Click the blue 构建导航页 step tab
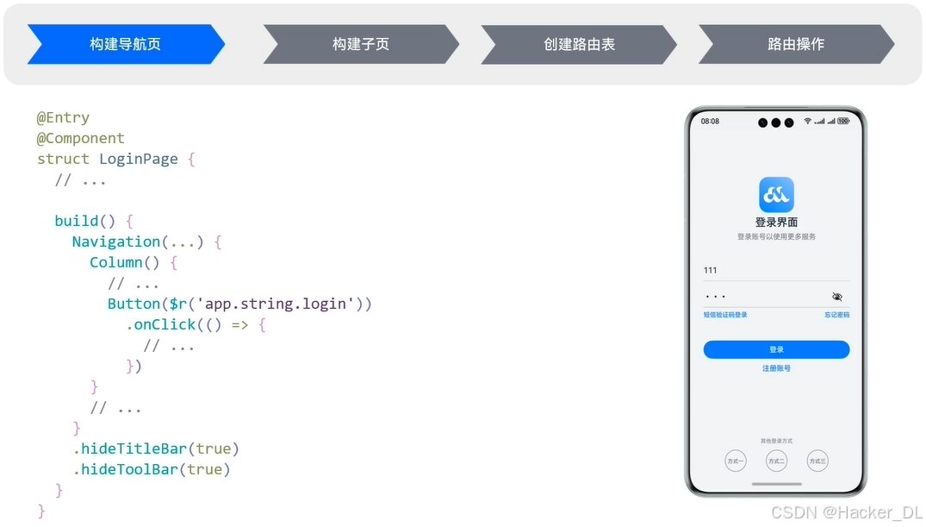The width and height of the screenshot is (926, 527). click(126, 44)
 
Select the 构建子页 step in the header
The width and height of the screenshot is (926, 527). click(361, 44)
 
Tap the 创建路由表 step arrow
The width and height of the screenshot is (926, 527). click(579, 44)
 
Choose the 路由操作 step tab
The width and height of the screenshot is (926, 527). click(796, 44)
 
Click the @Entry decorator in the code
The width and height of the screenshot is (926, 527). click(63, 117)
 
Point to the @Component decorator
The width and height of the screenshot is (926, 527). click(81, 138)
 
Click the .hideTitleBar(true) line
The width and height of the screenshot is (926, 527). click(156, 449)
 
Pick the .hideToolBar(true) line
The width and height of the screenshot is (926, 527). click(152, 469)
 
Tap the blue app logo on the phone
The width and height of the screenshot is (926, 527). click(776, 195)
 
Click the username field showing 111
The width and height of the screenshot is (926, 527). click(775, 270)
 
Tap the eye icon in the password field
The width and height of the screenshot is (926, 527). click(837, 297)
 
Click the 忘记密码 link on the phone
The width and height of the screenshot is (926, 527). click(836, 315)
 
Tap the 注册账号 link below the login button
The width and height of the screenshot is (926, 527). click(776, 368)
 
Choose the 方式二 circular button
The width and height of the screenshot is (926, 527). click(776, 461)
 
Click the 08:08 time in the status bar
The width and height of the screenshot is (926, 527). click(710, 122)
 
